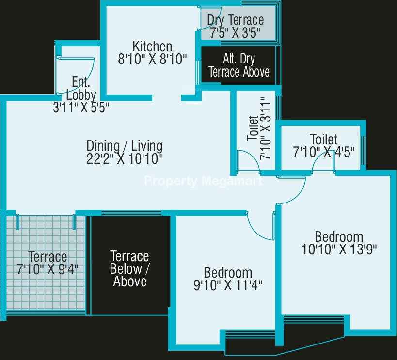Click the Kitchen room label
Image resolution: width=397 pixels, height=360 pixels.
pos(152,47)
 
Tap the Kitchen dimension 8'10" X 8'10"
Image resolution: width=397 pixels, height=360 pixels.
pos(152,59)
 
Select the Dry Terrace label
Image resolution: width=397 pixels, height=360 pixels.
pos(236,20)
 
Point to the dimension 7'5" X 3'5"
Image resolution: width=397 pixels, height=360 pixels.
pos(235,33)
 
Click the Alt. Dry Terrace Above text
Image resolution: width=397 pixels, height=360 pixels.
pos(239,65)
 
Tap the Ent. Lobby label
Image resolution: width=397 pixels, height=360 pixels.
pos(81,89)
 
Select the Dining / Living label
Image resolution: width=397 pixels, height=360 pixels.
pos(124,146)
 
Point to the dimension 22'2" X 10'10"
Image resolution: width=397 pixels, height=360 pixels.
pos(124,159)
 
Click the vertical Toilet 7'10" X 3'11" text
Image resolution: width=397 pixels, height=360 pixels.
pos(259,128)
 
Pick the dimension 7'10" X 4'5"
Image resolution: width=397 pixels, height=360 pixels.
pos(324,152)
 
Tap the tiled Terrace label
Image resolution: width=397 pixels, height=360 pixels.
pos(48,257)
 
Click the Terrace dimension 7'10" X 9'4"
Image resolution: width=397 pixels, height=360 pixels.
pos(48,269)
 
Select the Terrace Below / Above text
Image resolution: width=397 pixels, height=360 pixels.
pos(129,269)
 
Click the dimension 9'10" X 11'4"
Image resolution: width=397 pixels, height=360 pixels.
pos(228,285)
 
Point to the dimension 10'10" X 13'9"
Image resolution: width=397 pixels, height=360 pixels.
pos(339,249)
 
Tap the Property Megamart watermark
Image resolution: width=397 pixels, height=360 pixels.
pos(203,181)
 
